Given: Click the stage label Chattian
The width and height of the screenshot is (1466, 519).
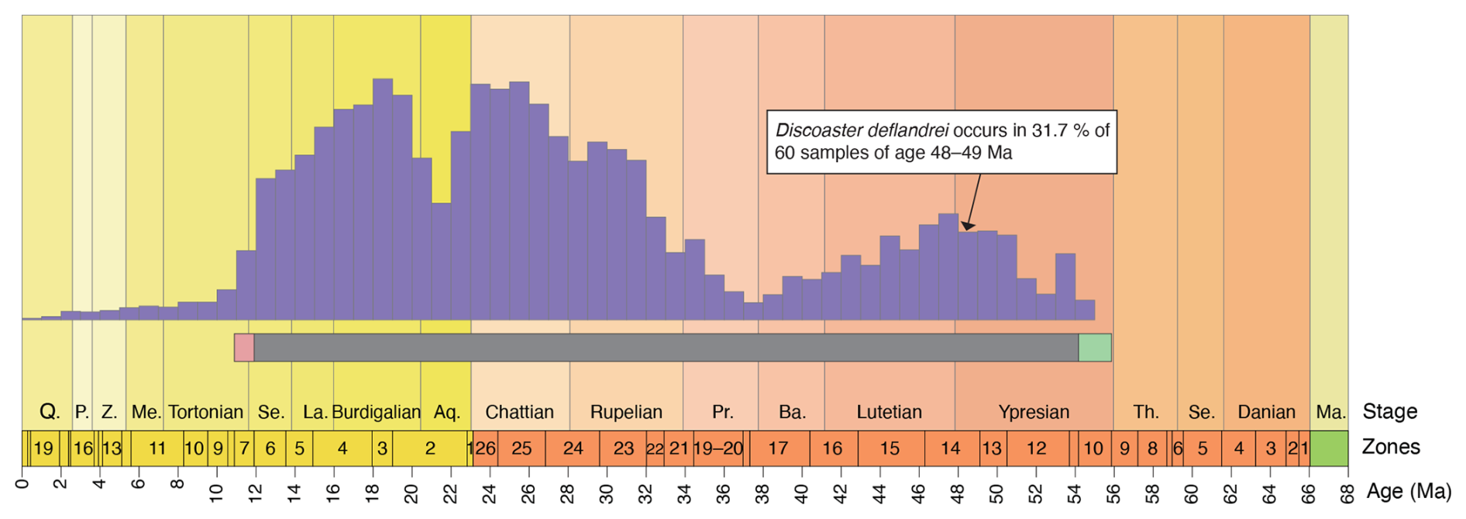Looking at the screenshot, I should point(519,412).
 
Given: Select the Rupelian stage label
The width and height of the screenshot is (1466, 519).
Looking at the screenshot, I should point(626,412).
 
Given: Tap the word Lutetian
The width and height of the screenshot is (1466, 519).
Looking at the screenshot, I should point(889,412).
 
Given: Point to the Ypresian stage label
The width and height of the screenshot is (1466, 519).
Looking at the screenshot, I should point(1034,412).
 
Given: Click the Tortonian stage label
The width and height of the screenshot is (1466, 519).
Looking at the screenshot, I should point(205,412).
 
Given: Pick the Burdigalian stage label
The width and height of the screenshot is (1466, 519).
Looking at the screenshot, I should point(377,412).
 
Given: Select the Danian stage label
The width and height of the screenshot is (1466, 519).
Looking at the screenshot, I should point(1266,412).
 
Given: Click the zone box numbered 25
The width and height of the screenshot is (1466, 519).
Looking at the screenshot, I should point(521,448).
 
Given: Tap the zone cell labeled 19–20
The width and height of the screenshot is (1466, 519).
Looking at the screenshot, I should point(718,448).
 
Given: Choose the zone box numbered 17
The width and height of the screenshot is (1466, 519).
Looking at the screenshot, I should point(778,448).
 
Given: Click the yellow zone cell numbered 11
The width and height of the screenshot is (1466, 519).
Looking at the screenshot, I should point(157,448).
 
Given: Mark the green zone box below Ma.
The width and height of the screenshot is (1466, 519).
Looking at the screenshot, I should point(1329,448).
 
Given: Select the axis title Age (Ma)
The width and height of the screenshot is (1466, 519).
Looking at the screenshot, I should point(1409,490).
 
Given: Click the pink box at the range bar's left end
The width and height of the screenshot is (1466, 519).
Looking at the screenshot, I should point(244,348).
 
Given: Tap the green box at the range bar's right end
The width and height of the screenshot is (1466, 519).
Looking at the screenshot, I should point(1095,348).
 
